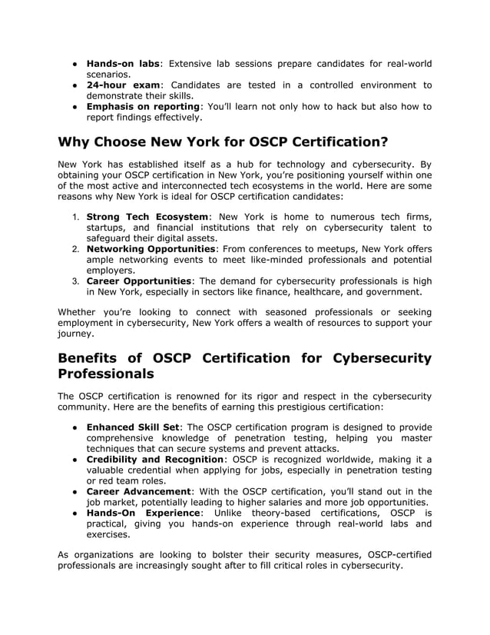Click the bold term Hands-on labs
[122, 63]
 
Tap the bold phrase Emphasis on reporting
[143, 106]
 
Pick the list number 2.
[77, 249]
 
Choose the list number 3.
[77, 281]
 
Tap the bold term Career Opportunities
[138, 281]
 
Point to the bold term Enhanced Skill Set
[133, 427]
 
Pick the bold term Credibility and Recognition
[156, 460]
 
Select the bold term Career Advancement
[138, 492]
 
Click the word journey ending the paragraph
[74, 334]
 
